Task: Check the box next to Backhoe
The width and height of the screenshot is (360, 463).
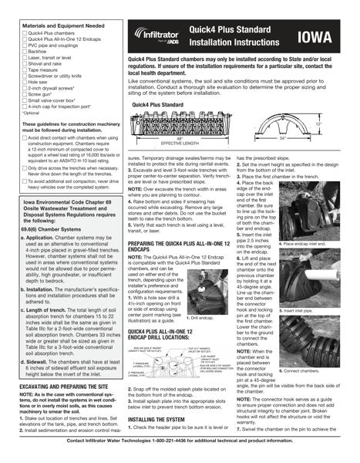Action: click(24, 51)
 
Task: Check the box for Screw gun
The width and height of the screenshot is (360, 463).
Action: click(24, 96)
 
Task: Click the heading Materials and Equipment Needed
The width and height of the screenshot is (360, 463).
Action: click(63, 25)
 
